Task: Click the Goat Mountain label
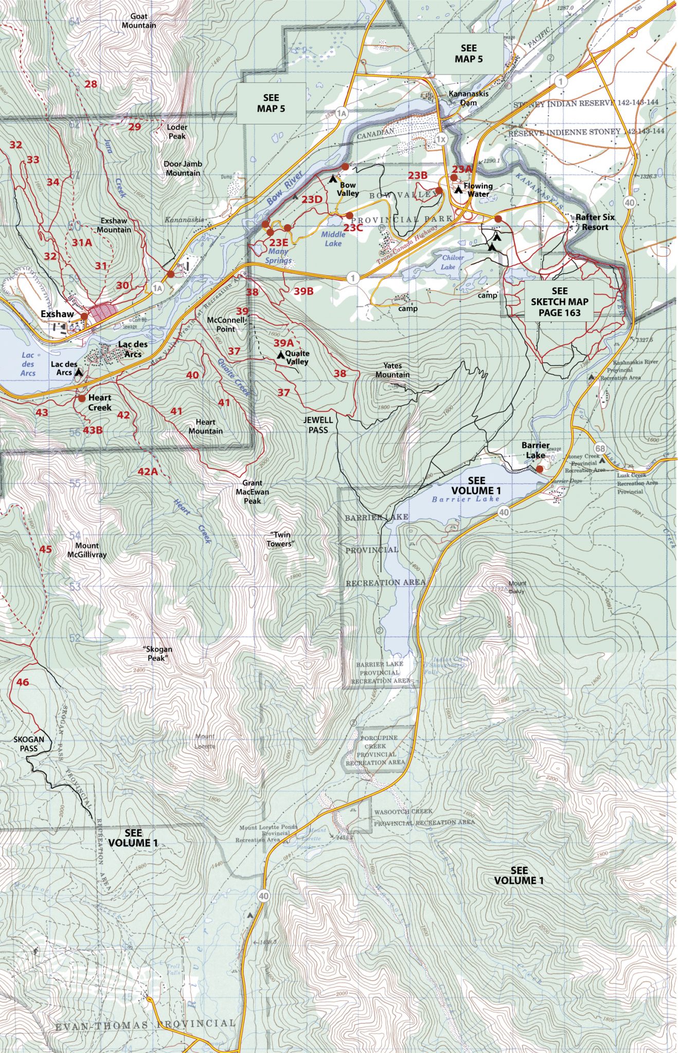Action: (139, 21)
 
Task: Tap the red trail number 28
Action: (91, 84)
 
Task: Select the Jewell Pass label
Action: (318, 425)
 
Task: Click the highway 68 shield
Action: (600, 448)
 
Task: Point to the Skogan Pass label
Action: (29, 743)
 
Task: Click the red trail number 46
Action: (23, 682)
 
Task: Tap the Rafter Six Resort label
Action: (595, 222)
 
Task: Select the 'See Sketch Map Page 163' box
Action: (559, 301)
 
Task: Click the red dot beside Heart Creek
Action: (82, 398)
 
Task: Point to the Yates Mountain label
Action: (392, 370)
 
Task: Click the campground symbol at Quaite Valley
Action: (280, 355)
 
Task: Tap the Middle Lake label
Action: (333, 239)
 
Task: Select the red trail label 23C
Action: (353, 227)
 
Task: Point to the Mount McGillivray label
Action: (87, 550)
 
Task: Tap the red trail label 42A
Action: (147, 471)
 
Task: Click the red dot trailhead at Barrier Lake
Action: (539, 469)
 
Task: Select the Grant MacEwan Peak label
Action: (252, 492)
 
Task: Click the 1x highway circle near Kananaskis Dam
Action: (441, 139)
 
